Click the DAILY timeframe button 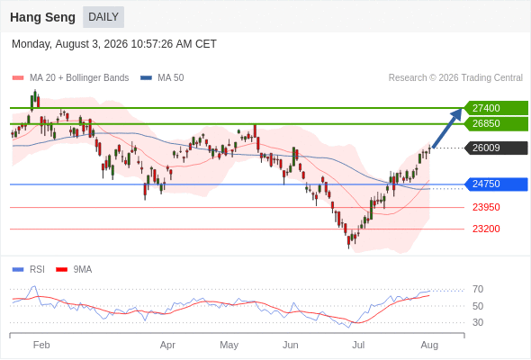[x=103, y=17]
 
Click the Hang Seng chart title [x=42, y=17]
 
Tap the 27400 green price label [x=497, y=108]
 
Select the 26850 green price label [x=497, y=123]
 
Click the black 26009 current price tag [x=497, y=148]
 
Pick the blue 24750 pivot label [x=497, y=184]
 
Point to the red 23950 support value [x=486, y=207]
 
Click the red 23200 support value [x=486, y=229]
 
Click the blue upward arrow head [x=457, y=113]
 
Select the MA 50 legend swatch [x=146, y=78]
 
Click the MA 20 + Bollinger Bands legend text [x=79, y=78]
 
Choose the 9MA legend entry [x=74, y=270]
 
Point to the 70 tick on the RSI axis [x=478, y=289]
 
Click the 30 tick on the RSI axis [x=478, y=322]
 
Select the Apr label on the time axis [x=167, y=345]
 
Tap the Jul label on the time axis [x=358, y=345]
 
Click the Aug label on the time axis [x=429, y=345]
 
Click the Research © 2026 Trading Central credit [x=455, y=78]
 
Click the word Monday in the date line [x=31, y=44]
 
